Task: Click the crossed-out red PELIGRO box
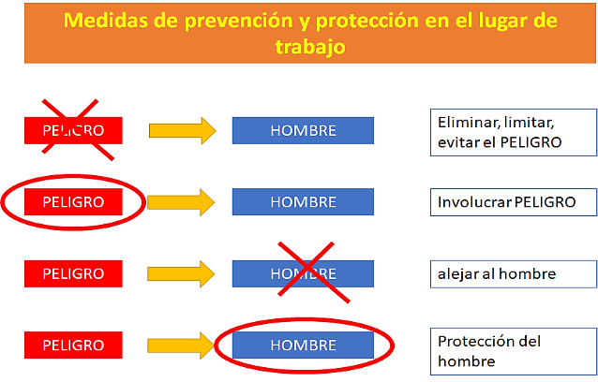click(73, 130)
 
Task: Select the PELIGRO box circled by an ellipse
click(73, 202)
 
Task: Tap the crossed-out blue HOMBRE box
click(303, 273)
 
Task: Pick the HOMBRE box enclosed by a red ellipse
click(303, 345)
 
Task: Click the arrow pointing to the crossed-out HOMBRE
click(181, 273)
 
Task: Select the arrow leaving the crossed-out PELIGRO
click(183, 131)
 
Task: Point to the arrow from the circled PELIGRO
click(181, 202)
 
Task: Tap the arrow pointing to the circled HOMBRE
click(181, 345)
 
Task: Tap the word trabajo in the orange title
click(310, 47)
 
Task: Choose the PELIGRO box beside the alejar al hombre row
click(73, 273)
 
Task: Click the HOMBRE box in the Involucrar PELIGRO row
click(303, 202)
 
